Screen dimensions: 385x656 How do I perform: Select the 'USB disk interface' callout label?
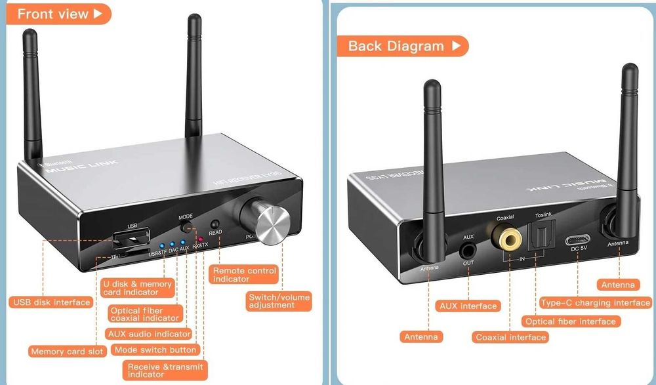pyautogui.click(x=51, y=302)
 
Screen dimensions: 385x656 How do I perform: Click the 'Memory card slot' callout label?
pyautogui.click(x=67, y=352)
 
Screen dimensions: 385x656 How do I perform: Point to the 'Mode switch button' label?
pyautogui.click(x=155, y=350)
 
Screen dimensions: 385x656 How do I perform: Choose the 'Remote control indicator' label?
pyautogui.click(x=244, y=275)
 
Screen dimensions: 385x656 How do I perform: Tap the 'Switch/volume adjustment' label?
pyautogui.click(x=279, y=301)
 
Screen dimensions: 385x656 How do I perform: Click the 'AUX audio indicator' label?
pyautogui.click(x=150, y=334)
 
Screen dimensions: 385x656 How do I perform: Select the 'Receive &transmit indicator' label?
pyautogui.click(x=164, y=371)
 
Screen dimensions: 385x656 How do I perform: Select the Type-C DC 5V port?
pyautogui.click(x=579, y=240)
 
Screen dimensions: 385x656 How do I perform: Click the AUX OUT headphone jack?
pyautogui.click(x=468, y=250)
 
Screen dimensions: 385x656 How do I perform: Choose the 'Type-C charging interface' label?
pyautogui.click(x=595, y=303)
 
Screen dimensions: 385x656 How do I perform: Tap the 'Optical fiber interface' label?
pyautogui.click(x=570, y=321)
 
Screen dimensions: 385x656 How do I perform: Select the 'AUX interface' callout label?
pyautogui.click(x=468, y=306)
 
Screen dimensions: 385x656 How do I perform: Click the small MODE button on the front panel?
pyautogui.click(x=187, y=228)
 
